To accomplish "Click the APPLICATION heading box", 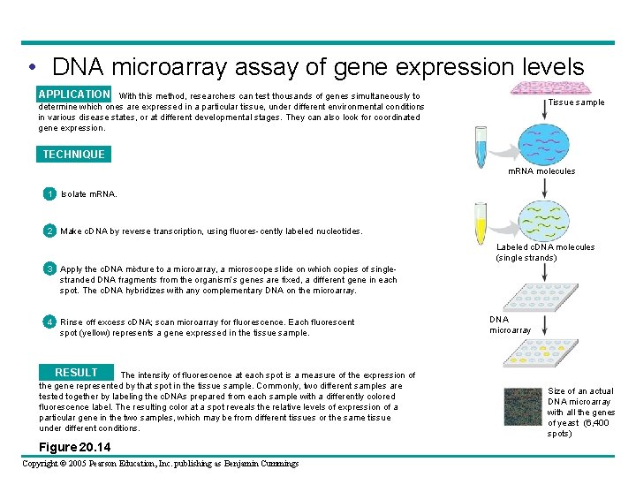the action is point(74,95).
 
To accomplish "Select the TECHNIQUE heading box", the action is point(73,155).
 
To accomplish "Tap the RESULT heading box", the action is point(76,373).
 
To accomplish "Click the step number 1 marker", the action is point(51,193).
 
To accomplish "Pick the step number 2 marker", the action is point(51,231).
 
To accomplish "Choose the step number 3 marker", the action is point(51,269).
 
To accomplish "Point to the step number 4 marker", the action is point(51,322).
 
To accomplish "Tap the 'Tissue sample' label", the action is point(576,102).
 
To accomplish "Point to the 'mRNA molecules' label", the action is point(541,171).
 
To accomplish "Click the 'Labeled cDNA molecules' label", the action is point(545,253).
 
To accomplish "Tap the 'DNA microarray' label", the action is point(511,325).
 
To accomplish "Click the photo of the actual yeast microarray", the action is point(521,411).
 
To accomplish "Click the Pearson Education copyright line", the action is point(160,463).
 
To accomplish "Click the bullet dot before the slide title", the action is point(32,68).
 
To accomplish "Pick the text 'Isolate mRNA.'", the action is point(88,193).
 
